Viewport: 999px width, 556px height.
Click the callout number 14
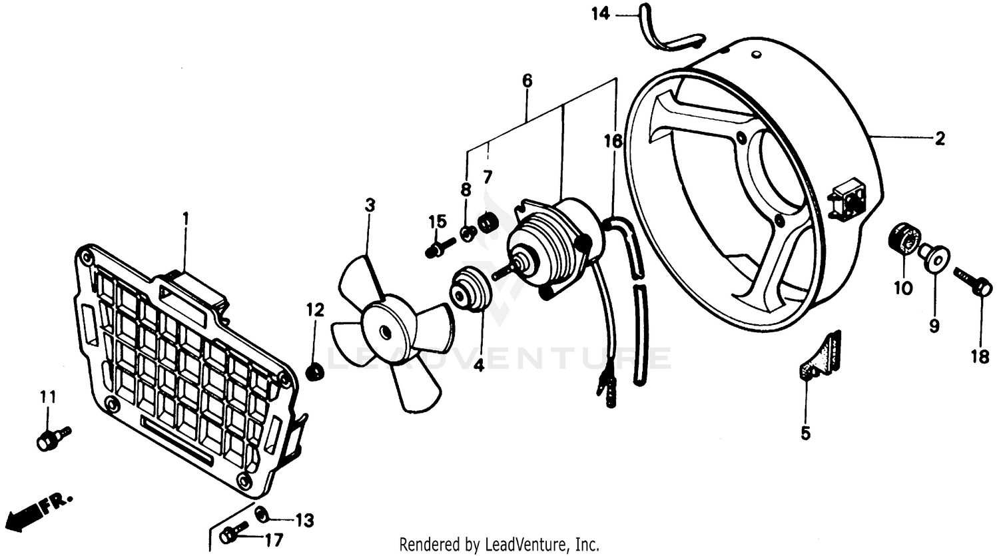tap(601, 13)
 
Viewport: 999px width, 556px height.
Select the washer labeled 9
tap(935, 257)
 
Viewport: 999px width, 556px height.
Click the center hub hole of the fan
tap(386, 331)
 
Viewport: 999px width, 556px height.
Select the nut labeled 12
tap(314, 371)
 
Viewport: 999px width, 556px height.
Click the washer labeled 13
tap(262, 513)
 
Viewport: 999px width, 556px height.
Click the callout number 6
tap(527, 81)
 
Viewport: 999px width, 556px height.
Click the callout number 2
tap(940, 139)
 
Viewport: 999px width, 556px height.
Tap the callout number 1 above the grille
tap(186, 218)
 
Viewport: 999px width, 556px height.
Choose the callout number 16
tap(613, 141)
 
